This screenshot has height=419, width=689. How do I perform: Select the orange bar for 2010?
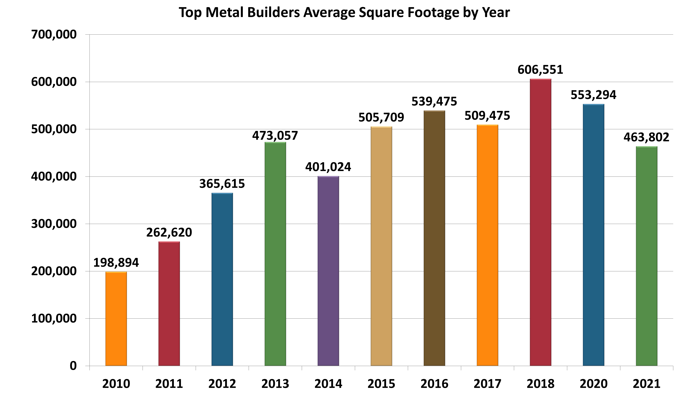coord(116,319)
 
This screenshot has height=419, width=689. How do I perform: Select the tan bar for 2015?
coord(381,246)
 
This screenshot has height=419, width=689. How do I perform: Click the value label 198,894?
coord(116,263)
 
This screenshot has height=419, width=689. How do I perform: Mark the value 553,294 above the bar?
coord(593,95)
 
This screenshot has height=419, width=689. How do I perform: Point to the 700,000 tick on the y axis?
coord(54,35)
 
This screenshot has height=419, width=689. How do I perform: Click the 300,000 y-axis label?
coord(54,224)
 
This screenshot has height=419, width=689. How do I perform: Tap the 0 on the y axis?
coord(73,366)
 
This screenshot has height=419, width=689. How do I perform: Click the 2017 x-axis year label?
coord(487,384)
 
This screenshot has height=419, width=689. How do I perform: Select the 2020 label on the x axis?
coord(593,384)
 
